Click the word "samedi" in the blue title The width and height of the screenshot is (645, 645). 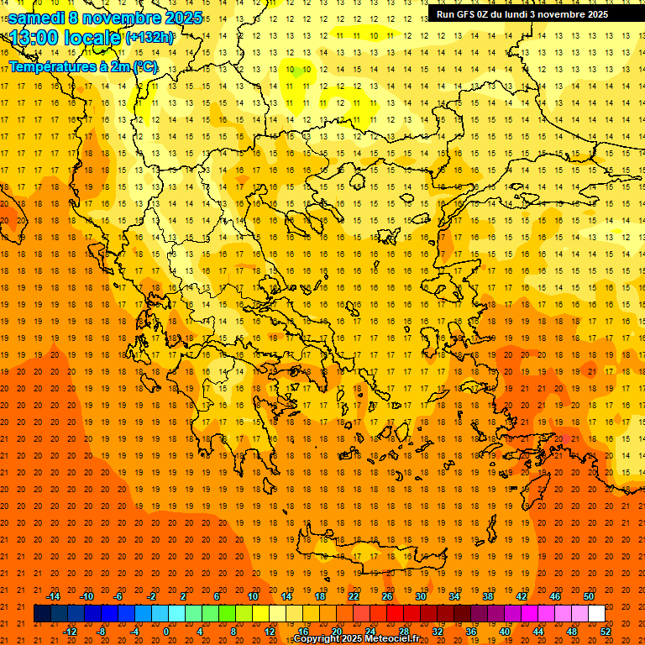click(36, 18)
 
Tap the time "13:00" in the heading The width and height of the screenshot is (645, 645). click(35, 38)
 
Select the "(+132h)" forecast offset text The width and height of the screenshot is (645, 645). click(150, 38)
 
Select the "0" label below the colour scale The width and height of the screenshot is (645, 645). click(165, 632)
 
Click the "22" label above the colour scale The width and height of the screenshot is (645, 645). click(354, 596)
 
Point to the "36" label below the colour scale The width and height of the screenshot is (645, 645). click(471, 632)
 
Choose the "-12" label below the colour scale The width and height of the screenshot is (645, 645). click(71, 632)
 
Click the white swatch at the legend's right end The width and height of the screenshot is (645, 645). click(596, 614)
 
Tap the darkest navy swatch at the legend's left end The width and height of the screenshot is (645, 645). click(42, 614)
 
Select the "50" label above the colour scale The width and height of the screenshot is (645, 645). click(588, 596)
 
